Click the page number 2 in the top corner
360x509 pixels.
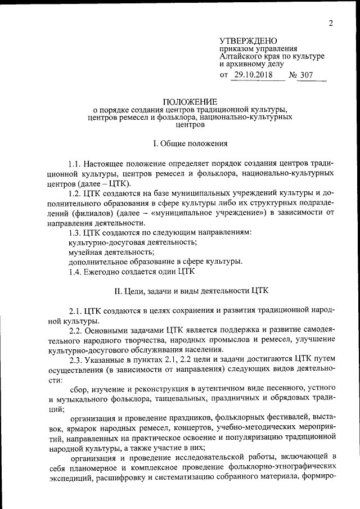[331, 23]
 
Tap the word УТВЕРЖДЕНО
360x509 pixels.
[248, 41]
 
